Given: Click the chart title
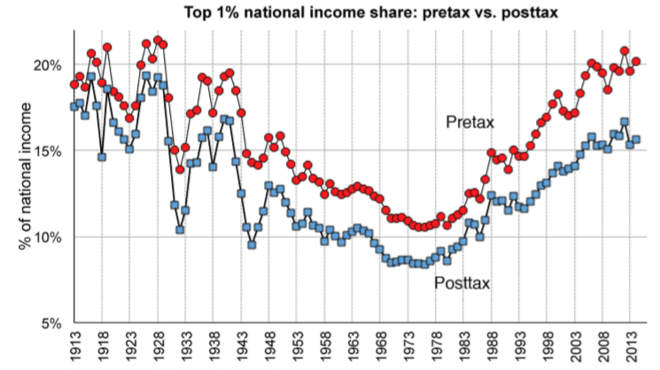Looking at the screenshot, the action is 371,12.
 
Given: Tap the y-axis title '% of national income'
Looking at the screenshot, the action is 26,176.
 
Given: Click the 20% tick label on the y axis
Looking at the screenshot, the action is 47,66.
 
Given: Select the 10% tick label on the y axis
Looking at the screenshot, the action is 47,238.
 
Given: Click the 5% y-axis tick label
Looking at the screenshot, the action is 51,324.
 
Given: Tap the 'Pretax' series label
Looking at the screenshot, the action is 470,122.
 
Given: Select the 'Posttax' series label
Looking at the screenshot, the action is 462,283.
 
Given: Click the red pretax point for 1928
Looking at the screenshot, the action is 158,41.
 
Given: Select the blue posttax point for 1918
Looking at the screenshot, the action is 102,157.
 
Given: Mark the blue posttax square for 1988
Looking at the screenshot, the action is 491,196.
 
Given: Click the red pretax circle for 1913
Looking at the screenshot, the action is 74,84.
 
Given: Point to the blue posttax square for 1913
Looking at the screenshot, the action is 74,106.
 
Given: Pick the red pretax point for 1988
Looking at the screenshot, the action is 491,152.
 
